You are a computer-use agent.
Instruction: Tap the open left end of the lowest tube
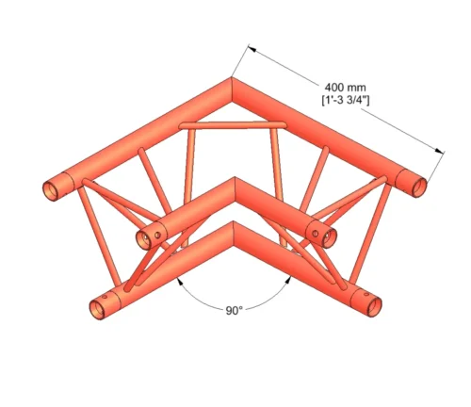97,306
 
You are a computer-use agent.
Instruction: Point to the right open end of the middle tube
322,233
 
